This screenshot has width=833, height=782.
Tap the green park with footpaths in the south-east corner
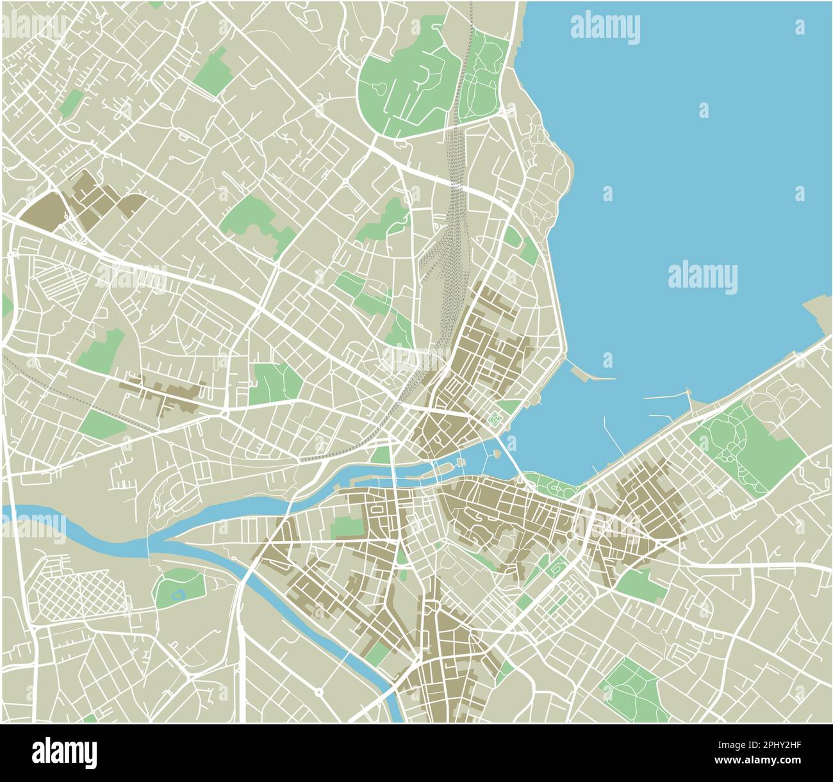[631, 688]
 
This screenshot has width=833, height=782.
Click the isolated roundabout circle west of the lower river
[318, 692]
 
